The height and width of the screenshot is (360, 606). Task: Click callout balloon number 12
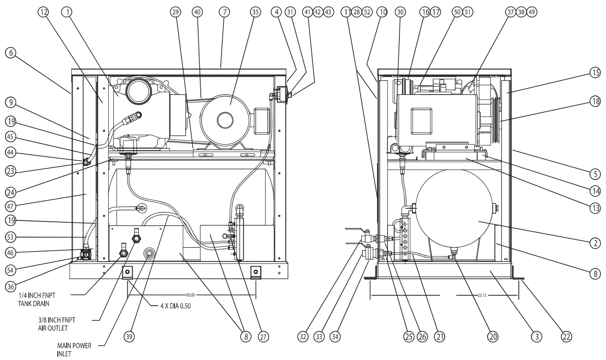pyautogui.click(x=42, y=12)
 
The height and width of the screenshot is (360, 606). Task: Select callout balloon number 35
pyautogui.click(x=255, y=12)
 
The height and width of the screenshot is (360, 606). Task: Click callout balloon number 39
pyautogui.click(x=129, y=337)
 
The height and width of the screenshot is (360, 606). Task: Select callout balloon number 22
pyautogui.click(x=567, y=337)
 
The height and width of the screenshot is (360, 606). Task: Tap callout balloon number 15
pyautogui.click(x=595, y=73)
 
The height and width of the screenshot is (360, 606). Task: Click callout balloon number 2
pyautogui.click(x=595, y=243)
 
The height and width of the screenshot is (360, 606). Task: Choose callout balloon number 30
pyautogui.click(x=399, y=12)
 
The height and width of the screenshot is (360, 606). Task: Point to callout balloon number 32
pyautogui.click(x=303, y=337)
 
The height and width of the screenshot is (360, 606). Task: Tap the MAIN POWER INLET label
pyautogui.click(x=74, y=349)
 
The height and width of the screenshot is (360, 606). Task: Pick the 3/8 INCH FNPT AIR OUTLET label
pyautogui.click(x=53, y=324)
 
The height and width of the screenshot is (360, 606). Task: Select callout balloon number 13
pyautogui.click(x=595, y=208)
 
